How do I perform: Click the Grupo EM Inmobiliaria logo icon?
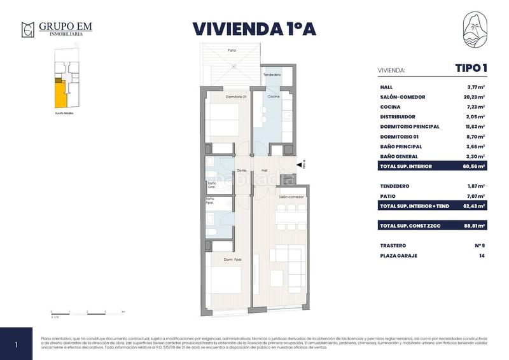(x=27, y=29)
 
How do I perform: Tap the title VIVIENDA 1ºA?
(x=254, y=29)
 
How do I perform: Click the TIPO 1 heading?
(x=470, y=69)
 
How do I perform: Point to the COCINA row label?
(x=390, y=107)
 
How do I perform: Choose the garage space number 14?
(x=482, y=256)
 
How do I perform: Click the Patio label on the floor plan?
(x=233, y=50)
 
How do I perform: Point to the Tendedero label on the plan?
(x=272, y=75)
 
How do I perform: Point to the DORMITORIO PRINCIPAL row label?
(x=410, y=127)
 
